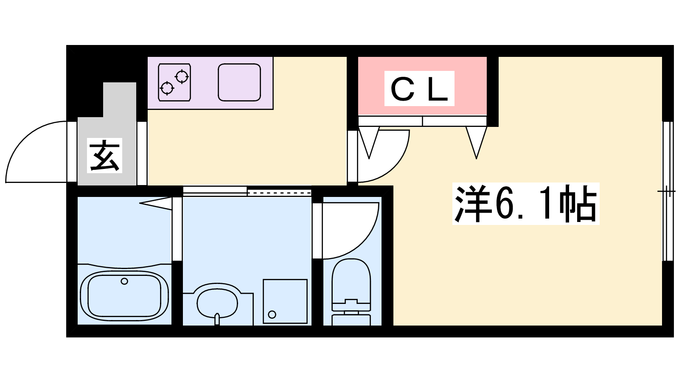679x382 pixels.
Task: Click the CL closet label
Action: [419, 89]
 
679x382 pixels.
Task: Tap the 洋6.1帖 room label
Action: [525, 204]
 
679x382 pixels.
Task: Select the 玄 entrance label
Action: [104, 155]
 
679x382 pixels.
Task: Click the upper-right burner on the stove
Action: [182, 77]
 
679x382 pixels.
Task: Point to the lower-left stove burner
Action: [167, 88]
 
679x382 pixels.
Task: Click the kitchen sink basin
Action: [239, 82]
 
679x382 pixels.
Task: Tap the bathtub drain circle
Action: [124, 281]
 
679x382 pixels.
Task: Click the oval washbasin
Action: [217, 303]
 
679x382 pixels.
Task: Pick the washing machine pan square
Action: [285, 301]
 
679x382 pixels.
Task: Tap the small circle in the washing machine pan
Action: [272, 315]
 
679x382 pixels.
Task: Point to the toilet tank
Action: [351, 319]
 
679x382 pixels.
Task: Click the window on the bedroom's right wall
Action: [668, 191]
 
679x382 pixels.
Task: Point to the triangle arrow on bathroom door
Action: [157, 203]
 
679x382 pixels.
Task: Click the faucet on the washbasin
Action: [217, 318]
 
